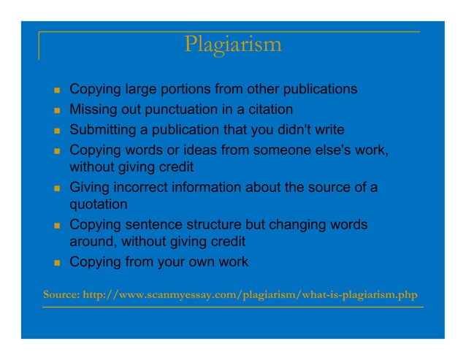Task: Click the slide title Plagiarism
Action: [233, 45]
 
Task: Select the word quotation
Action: [99, 204]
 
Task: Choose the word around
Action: [92, 242]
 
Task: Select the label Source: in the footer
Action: [61, 296]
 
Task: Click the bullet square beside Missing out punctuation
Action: [56, 111]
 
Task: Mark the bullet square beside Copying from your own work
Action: [56, 263]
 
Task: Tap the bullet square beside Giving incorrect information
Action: [56, 188]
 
